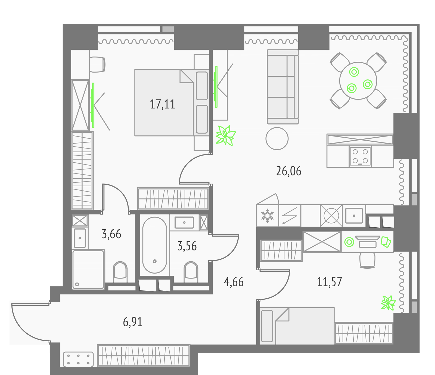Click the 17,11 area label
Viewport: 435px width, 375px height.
tap(163, 104)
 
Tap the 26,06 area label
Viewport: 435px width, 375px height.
tap(288, 171)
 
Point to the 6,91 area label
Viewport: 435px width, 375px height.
tap(133, 322)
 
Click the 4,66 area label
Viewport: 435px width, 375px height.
tap(234, 282)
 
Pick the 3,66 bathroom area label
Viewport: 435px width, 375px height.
tap(111, 234)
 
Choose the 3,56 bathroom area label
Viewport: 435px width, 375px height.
tap(187, 246)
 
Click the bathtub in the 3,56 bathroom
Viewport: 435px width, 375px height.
tap(154, 245)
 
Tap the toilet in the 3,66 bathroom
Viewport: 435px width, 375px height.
tap(120, 272)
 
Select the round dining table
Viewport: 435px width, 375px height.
tap(358, 81)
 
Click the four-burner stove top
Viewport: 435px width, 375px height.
tap(360, 156)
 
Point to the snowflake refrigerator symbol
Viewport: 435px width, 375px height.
tap(267, 216)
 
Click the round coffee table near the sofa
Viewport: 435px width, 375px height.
tap(277, 138)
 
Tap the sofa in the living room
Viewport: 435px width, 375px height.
tap(283, 87)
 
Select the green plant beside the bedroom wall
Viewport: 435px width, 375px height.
tap(225, 135)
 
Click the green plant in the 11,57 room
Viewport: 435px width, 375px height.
tap(388, 303)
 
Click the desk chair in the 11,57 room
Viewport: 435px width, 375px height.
tap(367, 260)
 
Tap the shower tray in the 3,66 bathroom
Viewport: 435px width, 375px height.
tap(88, 269)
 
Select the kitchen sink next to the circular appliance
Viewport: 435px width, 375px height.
tap(354, 216)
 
